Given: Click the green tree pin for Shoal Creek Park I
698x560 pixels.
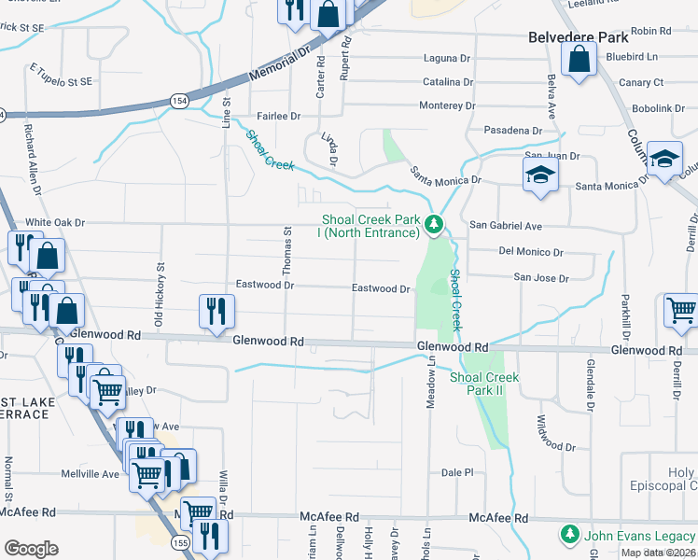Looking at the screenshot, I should tap(433, 225).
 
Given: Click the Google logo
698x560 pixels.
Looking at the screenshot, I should tap(31, 549).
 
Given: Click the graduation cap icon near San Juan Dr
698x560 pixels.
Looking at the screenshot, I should tap(540, 175).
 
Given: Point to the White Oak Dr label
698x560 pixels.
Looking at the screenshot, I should tap(55, 223).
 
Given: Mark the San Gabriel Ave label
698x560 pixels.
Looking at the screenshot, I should tap(505, 226).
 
